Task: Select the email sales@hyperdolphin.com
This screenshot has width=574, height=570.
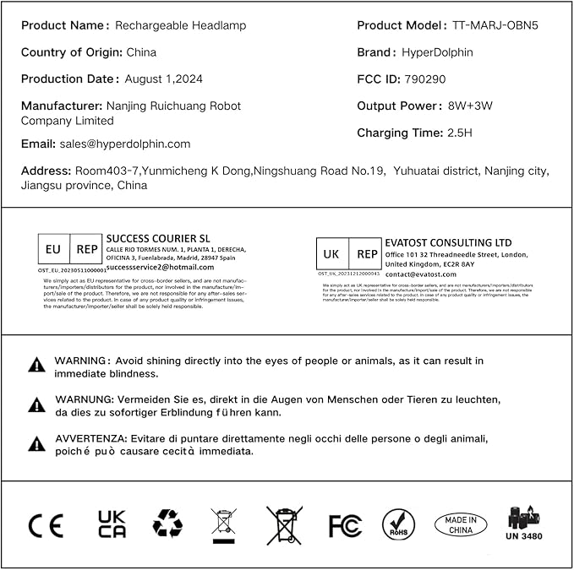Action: (124, 144)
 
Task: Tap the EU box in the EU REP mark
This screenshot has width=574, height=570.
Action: (53, 250)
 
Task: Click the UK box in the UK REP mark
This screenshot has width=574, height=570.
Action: (332, 254)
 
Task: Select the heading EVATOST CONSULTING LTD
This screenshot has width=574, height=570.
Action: (448, 243)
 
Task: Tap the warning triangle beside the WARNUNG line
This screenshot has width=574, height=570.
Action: (37, 405)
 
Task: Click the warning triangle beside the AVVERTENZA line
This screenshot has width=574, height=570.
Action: (37, 444)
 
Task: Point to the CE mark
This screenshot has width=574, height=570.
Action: (46, 525)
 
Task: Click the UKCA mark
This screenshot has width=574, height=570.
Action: (112, 524)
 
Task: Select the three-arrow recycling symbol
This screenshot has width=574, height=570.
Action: (167, 524)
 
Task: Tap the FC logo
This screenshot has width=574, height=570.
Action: (345, 525)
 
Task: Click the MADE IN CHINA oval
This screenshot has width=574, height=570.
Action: (461, 524)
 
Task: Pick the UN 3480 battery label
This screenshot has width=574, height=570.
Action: (523, 524)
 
